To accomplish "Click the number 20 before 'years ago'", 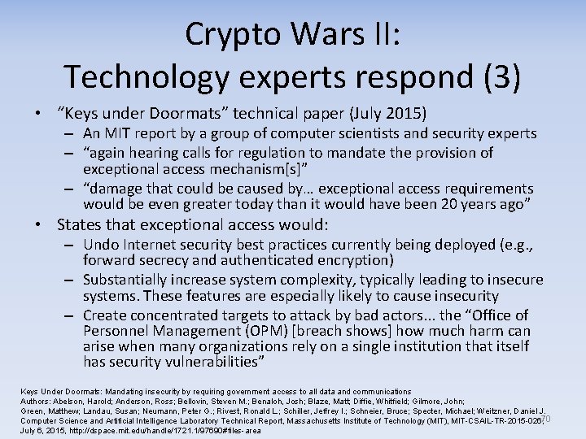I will coord(453,203).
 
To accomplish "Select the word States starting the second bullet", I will coord(80,224).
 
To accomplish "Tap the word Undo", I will coord(101,245).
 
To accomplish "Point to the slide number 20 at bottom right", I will coord(545,419).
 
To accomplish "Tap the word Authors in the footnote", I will coord(36,402).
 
